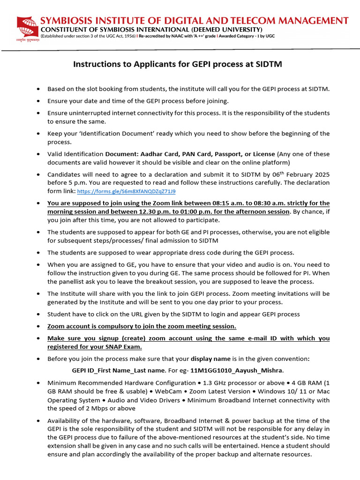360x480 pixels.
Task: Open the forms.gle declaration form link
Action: [127, 192]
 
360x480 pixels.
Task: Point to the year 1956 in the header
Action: [127, 36]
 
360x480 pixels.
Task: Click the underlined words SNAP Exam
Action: [124, 347]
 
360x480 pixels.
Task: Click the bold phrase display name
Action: [210, 359]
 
